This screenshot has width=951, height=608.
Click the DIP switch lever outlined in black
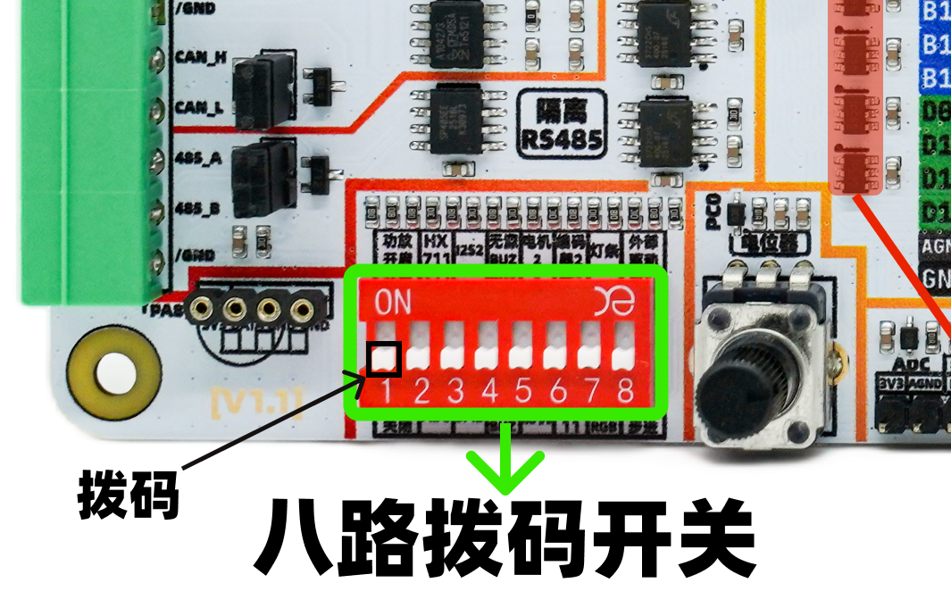pyautogui.click(x=384, y=359)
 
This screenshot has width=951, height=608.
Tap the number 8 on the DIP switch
pyautogui.click(x=625, y=391)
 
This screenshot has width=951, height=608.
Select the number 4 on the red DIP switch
pyautogui.click(x=489, y=391)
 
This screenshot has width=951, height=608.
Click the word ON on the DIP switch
pyautogui.click(x=393, y=303)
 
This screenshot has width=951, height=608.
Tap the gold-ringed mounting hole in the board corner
pyautogui.click(x=114, y=372)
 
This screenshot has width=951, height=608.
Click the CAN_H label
pyautogui.click(x=201, y=58)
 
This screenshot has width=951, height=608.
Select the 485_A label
pyautogui.click(x=200, y=160)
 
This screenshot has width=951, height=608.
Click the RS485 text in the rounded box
pyautogui.click(x=560, y=139)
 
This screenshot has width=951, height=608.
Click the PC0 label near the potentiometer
pyautogui.click(x=713, y=211)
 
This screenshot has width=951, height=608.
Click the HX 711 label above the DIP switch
pyautogui.click(x=434, y=247)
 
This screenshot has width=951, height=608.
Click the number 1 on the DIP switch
pyautogui.click(x=387, y=391)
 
